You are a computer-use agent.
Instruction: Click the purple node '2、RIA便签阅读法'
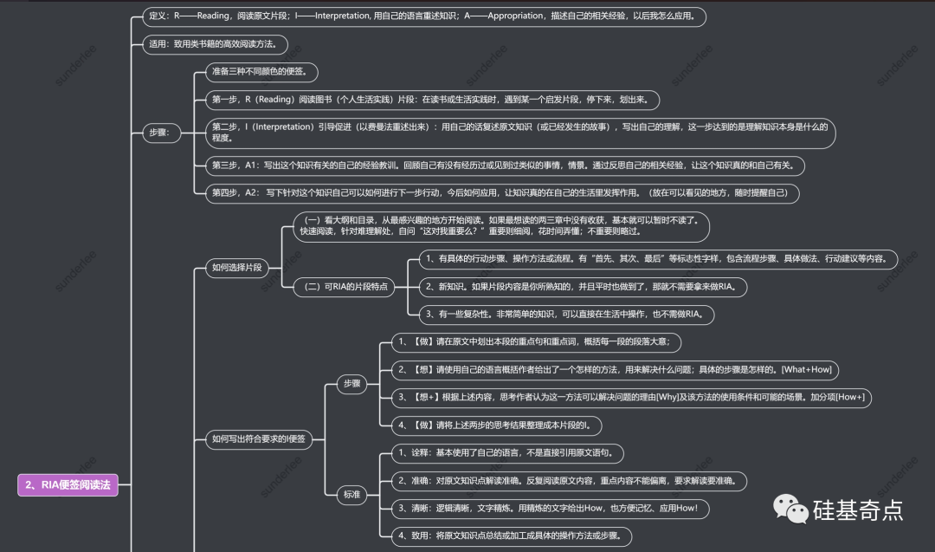pyautogui.click(x=68, y=485)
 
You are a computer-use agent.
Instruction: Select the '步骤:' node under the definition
pyautogui.click(x=160, y=133)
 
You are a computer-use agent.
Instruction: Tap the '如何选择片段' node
pyautogui.click(x=236, y=268)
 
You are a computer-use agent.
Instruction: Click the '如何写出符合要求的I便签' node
pyautogui.click(x=259, y=439)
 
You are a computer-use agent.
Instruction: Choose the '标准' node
pyautogui.click(x=351, y=495)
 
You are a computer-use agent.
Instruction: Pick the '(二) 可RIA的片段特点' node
pyautogui.click(x=344, y=287)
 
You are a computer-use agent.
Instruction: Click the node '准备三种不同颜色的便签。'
pyautogui.click(x=260, y=71)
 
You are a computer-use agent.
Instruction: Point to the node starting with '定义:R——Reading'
pyautogui.click(x=424, y=16)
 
